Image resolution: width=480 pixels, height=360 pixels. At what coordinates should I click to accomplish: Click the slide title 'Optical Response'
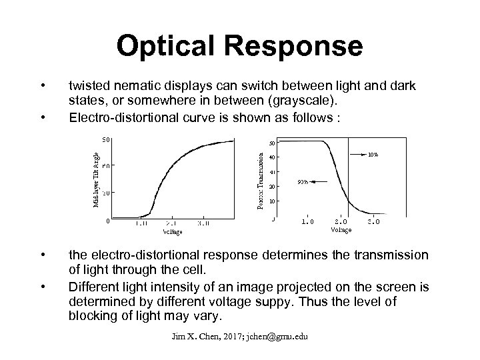click(x=240, y=47)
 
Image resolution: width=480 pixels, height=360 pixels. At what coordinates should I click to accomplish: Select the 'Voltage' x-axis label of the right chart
click(x=341, y=229)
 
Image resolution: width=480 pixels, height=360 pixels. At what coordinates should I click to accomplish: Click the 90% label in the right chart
click(x=303, y=181)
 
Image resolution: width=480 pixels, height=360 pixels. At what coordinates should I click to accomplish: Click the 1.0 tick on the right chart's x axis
click(x=308, y=222)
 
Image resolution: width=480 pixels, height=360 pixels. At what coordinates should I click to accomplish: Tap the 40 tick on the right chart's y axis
click(x=272, y=157)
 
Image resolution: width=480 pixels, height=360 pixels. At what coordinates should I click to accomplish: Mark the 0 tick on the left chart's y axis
click(x=107, y=222)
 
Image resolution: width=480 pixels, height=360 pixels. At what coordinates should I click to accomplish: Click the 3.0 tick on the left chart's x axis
click(x=203, y=225)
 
